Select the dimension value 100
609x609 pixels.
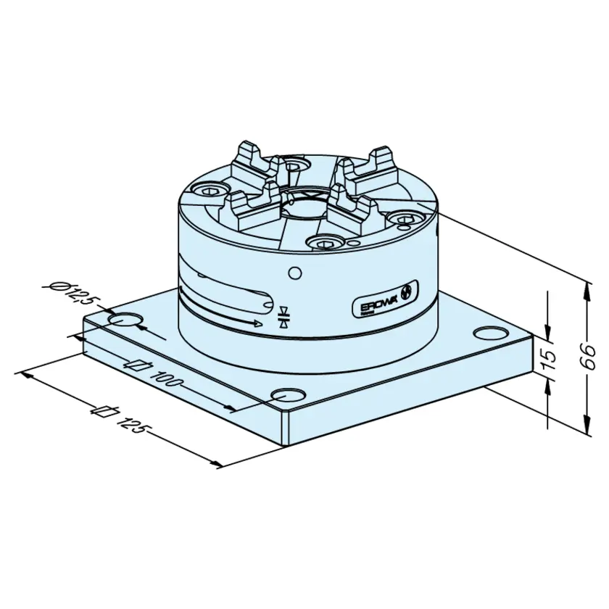point(165,378)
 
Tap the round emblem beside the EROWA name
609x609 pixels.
point(407,292)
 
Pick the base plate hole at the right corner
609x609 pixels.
point(491,333)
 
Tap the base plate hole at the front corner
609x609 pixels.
point(288,395)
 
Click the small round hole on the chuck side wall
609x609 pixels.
point(295,273)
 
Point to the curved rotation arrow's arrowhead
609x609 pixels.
point(257,323)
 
